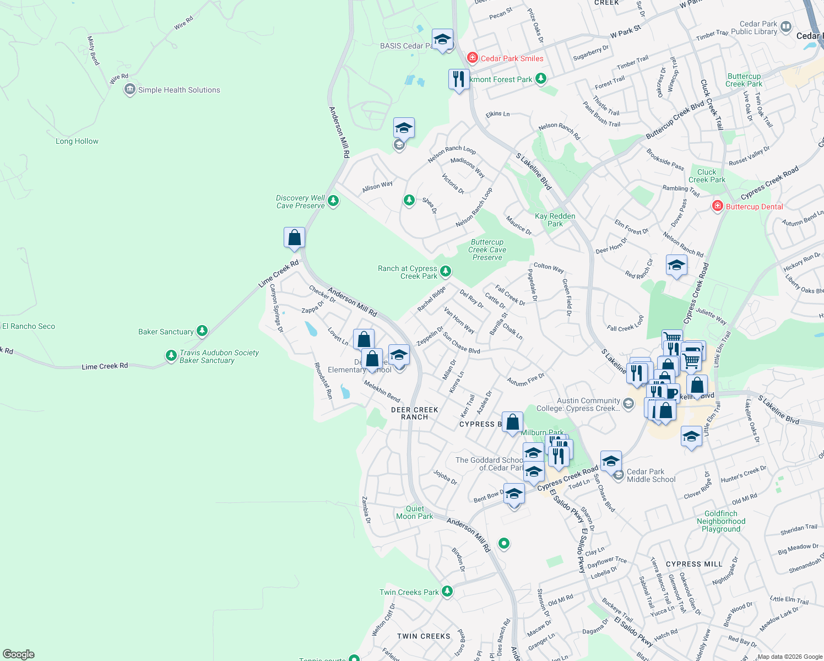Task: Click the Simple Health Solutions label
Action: pyautogui.click(x=178, y=90)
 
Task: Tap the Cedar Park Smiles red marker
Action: pyautogui.click(x=472, y=58)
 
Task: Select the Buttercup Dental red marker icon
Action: pyautogui.click(x=717, y=207)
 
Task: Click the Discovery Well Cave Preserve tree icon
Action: pyautogui.click(x=333, y=201)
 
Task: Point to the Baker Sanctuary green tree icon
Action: pyautogui.click(x=202, y=330)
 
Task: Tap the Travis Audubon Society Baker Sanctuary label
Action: pyautogui.click(x=219, y=356)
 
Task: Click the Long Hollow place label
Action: pyautogui.click(x=77, y=141)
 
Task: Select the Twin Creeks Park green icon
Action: pyautogui.click(x=447, y=591)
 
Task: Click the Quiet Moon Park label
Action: pyautogui.click(x=415, y=512)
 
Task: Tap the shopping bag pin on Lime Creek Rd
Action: pyautogui.click(x=295, y=237)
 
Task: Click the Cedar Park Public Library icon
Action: pyautogui.click(x=786, y=26)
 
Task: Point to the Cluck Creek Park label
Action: pyautogui.click(x=707, y=176)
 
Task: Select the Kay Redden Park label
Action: pyautogui.click(x=555, y=220)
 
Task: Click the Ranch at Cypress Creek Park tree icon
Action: pyautogui.click(x=446, y=271)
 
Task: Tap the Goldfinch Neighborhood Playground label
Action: pyautogui.click(x=720, y=521)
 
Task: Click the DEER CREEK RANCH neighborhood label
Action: pyautogui.click(x=415, y=413)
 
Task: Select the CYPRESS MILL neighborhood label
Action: pyautogui.click(x=694, y=564)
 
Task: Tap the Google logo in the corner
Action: pyautogui.click(x=19, y=654)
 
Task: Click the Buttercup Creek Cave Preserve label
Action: pyautogui.click(x=487, y=250)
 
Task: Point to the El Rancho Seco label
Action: pyautogui.click(x=29, y=326)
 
